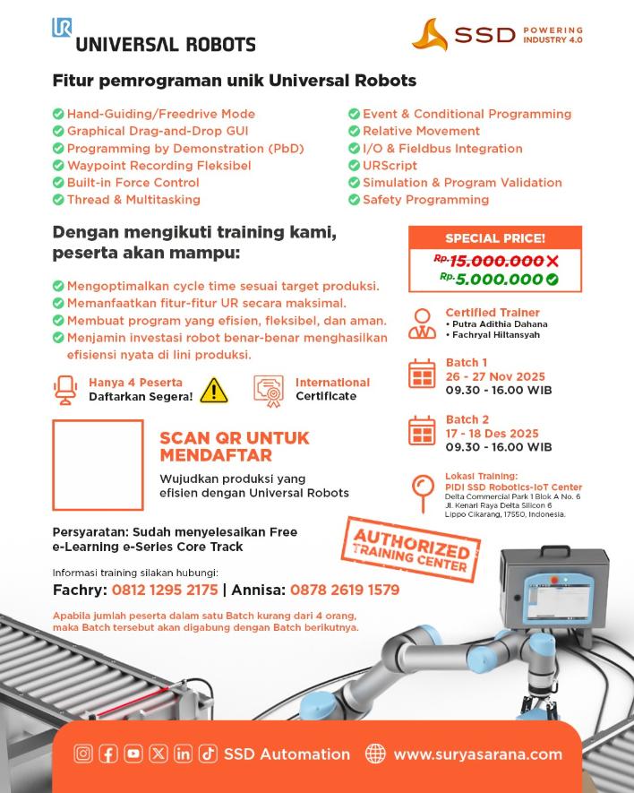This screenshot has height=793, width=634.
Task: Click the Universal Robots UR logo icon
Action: click(62, 28)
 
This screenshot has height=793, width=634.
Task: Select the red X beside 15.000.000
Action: click(553, 261)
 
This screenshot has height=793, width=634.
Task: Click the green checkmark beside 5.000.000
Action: click(553, 280)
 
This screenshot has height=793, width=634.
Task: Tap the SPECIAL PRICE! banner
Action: click(494, 238)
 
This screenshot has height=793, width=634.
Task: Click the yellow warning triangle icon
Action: click(213, 389)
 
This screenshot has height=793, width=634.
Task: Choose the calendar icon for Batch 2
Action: click(421, 430)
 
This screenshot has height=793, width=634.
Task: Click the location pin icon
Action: click(421, 489)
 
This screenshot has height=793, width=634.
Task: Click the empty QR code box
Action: click(98, 465)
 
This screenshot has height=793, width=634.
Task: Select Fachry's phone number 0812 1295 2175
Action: click(165, 590)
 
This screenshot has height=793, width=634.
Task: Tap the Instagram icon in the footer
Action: click(83, 754)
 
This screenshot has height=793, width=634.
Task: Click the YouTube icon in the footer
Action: click(133, 754)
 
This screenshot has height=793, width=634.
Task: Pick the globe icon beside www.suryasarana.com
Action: click(375, 754)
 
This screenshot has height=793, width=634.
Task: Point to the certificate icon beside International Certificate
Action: click(268, 389)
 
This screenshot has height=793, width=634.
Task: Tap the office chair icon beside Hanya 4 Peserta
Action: click(65, 389)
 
